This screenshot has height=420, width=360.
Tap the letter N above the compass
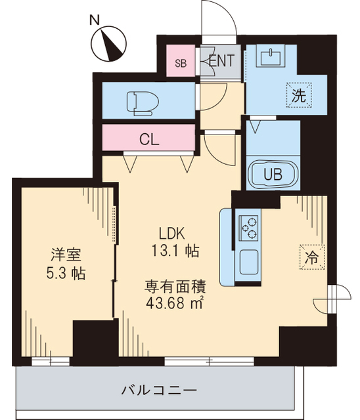click(x=95, y=19)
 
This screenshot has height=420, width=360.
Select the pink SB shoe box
click(x=180, y=62)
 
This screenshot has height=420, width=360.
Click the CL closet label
click(x=150, y=139)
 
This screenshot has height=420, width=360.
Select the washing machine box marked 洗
click(x=298, y=94)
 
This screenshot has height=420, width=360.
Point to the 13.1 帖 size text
click(x=173, y=250)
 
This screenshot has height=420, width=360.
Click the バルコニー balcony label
click(x=158, y=390)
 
